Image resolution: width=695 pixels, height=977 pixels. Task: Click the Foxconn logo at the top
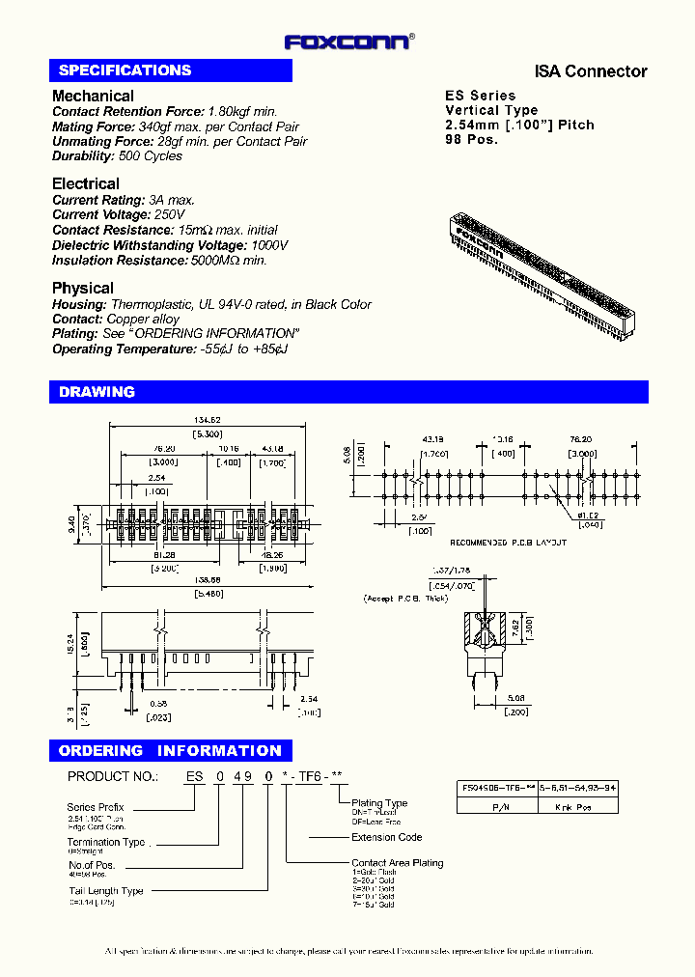click(348, 42)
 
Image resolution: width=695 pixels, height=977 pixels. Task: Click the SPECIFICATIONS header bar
click(170, 70)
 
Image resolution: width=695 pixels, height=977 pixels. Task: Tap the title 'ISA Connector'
click(591, 71)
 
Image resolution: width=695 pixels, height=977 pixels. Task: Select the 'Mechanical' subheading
click(93, 96)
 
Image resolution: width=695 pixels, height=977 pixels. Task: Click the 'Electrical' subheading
click(86, 183)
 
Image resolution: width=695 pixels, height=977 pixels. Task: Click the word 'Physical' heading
click(82, 288)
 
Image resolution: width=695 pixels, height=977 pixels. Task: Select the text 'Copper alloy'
click(143, 320)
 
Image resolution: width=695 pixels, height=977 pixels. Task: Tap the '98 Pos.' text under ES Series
click(471, 140)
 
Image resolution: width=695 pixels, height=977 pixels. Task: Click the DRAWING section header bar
click(347, 392)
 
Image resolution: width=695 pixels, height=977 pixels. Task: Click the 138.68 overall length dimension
click(208, 579)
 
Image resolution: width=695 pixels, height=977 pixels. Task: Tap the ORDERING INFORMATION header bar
click(170, 751)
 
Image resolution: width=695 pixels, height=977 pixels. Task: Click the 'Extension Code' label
click(386, 837)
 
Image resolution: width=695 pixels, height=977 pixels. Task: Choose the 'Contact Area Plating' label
click(397, 863)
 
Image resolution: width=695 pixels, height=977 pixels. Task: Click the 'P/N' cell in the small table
click(499, 805)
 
